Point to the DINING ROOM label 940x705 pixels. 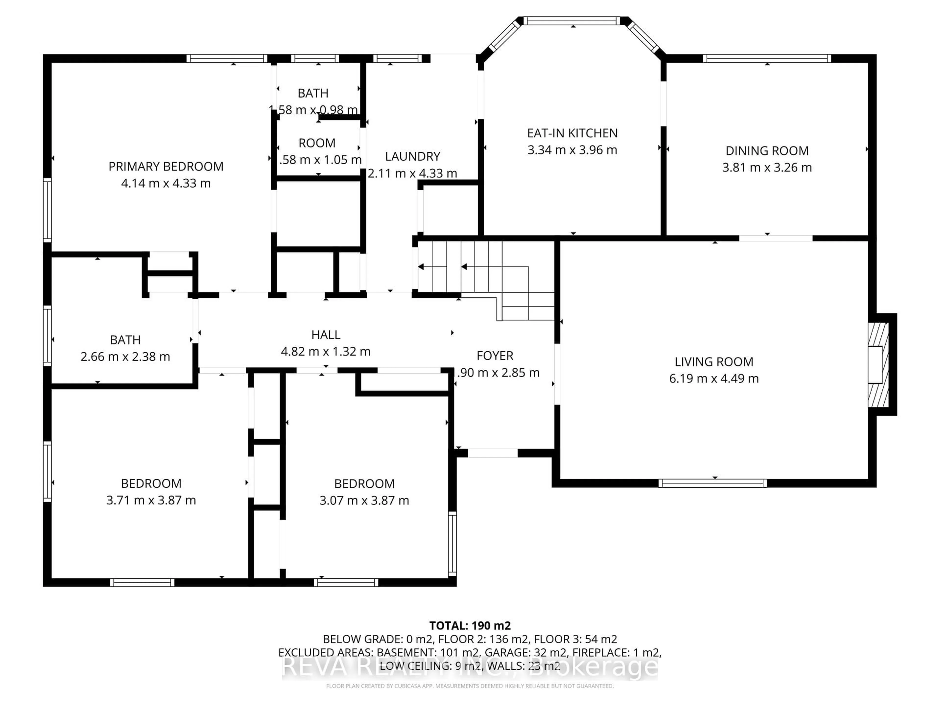[767, 151]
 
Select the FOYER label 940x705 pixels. [495, 356]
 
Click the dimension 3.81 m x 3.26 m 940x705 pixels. [767, 167]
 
